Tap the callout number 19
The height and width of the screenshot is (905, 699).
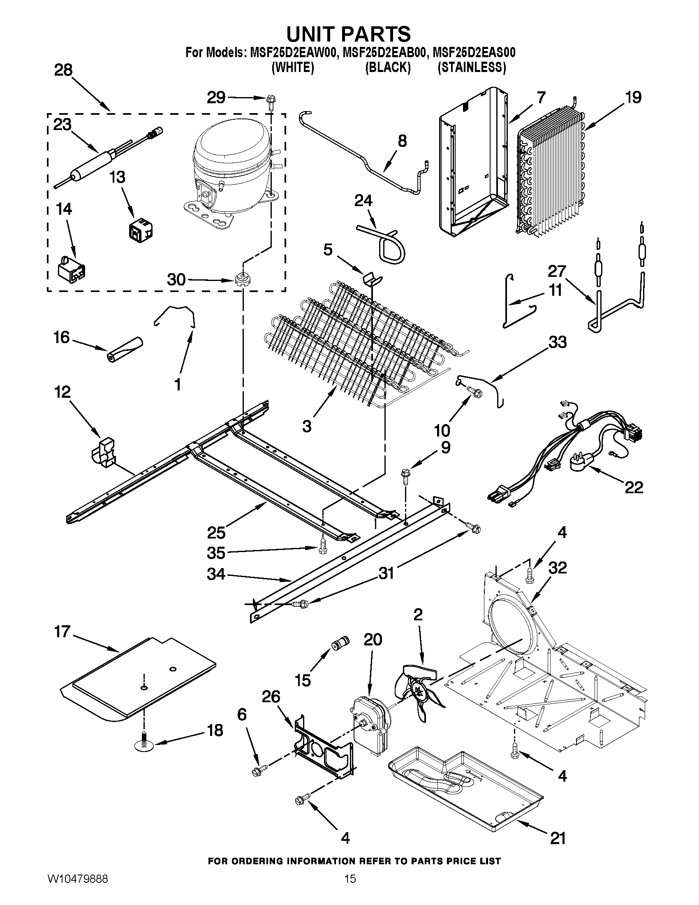633,97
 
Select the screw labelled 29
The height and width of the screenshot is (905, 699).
271,101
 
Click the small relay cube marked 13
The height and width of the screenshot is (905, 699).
140,231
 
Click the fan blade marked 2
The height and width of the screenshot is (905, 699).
419,691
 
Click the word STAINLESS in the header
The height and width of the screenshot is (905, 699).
472,67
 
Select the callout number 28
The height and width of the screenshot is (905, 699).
63,70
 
